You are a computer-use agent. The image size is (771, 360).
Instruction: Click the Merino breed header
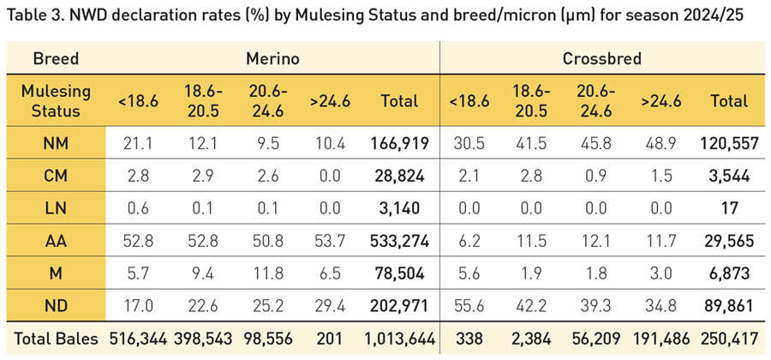coord(272,59)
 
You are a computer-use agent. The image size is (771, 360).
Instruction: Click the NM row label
coord(56,144)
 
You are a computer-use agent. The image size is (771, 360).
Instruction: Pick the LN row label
coord(56,208)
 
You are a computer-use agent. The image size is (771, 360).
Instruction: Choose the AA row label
coord(56,241)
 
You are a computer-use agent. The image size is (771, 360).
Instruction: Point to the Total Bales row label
coord(55,337)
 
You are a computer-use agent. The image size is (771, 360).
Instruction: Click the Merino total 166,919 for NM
coord(399,144)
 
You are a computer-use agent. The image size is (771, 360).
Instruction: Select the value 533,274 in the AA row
coord(399,241)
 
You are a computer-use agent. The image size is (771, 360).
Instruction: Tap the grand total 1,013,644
coord(399,337)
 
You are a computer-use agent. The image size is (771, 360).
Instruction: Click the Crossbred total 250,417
coord(729,337)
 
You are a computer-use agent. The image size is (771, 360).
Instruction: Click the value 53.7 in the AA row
coord(331,241)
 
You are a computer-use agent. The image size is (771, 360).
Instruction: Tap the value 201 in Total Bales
coord(331,337)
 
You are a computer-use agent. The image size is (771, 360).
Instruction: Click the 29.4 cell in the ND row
coord(331,305)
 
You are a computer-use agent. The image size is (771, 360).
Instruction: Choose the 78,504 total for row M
coord(399,273)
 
